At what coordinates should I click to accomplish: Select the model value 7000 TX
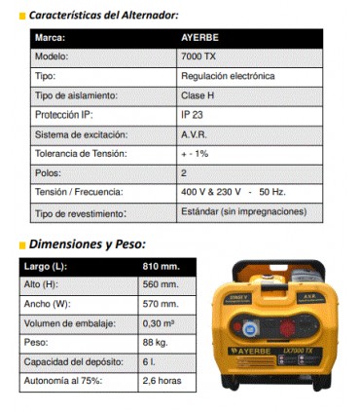[x=198, y=56]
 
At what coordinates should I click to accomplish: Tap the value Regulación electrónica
[x=228, y=75]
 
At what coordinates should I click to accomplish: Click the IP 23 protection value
[x=194, y=114]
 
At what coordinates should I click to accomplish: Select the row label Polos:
[x=49, y=172]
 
